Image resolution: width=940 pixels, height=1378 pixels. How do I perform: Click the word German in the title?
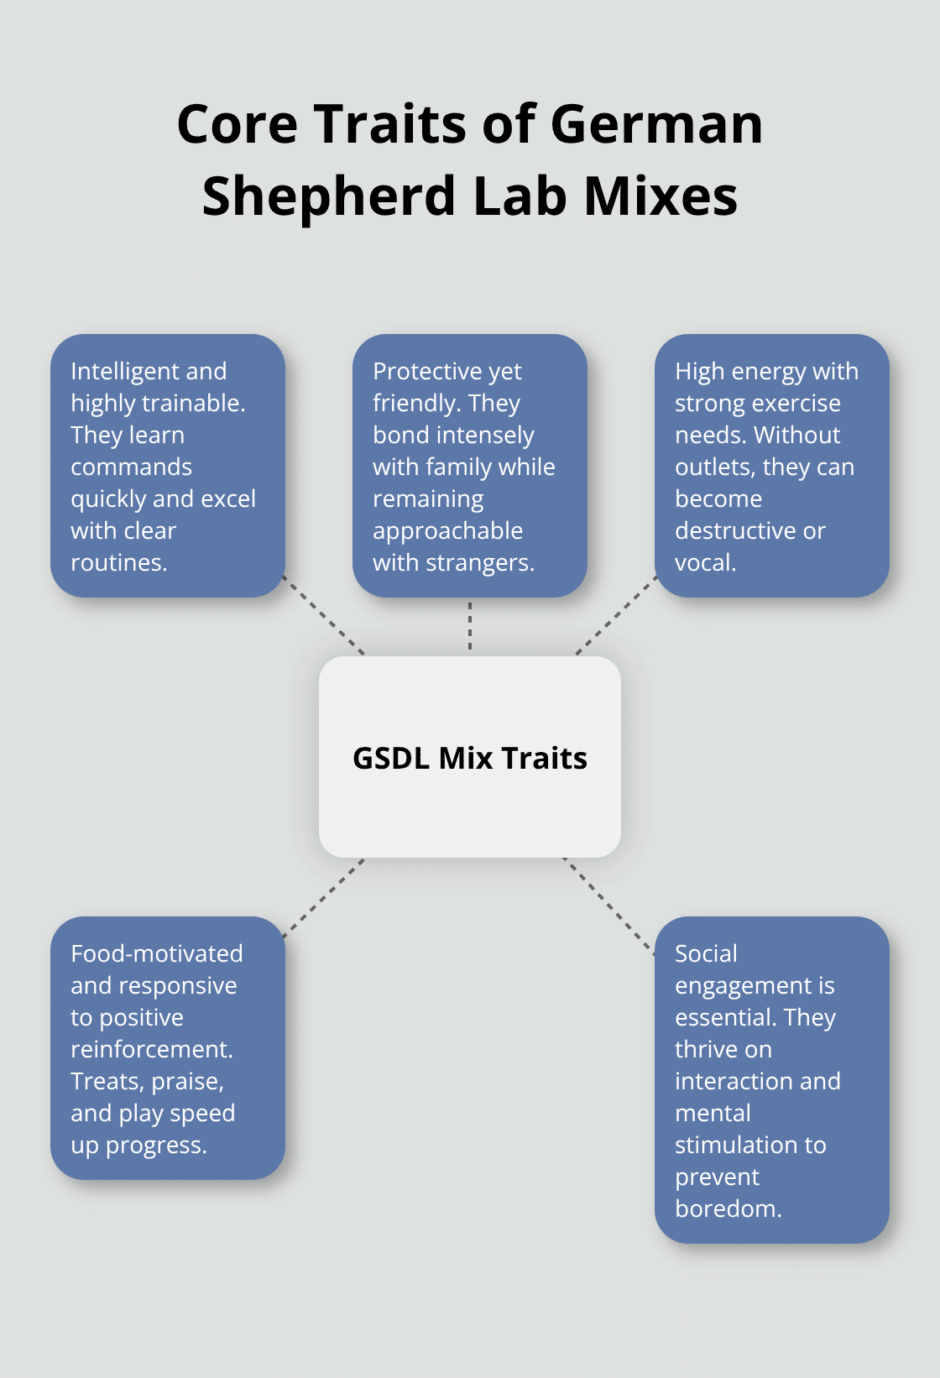pos(656,124)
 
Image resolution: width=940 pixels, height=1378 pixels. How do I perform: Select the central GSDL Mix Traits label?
pos(470,758)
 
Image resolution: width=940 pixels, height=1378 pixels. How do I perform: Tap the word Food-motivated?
pos(157,953)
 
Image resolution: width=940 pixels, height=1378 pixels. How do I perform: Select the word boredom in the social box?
pos(727,1208)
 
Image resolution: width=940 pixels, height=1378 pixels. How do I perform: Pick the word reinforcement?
pos(151,1049)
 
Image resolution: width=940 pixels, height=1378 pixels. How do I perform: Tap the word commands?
pos(131,467)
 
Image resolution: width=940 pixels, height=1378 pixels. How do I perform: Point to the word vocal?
pos(705,562)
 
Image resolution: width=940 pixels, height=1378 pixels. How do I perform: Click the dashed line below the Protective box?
pos(470,626)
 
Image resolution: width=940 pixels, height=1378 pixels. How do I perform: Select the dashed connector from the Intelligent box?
pos(325,616)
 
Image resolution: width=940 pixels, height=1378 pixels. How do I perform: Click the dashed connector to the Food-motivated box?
pos(324,897)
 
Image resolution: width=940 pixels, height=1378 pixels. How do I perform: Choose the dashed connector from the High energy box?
pos(616,615)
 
